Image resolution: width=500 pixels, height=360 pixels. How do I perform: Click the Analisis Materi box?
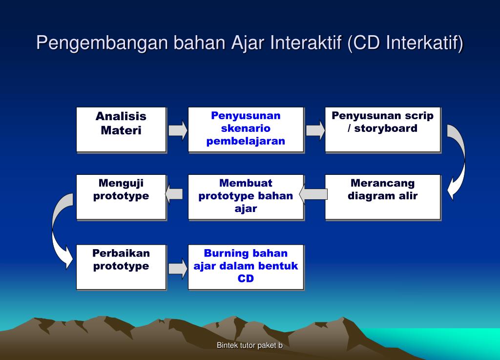[x=121, y=129]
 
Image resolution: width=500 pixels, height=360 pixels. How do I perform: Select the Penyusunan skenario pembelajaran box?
[x=246, y=129]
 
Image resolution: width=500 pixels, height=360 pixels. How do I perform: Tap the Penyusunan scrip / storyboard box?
[x=383, y=129]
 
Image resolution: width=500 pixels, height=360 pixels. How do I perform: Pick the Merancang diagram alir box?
[x=383, y=197]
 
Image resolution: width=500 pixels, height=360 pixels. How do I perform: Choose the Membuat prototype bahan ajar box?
[x=246, y=197]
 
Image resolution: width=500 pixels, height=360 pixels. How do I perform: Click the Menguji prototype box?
[x=121, y=197]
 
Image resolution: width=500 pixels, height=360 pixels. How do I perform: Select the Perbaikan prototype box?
[x=121, y=267]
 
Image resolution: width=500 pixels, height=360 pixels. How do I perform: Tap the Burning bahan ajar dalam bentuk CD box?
[x=246, y=267]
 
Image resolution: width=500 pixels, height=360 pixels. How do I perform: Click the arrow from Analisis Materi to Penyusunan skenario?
[x=178, y=130]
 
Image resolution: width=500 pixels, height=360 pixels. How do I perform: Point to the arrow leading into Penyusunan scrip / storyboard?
[x=315, y=130]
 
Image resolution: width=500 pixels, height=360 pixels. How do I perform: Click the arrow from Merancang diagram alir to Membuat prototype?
[x=313, y=194]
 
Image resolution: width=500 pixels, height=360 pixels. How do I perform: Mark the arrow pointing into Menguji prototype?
[x=174, y=194]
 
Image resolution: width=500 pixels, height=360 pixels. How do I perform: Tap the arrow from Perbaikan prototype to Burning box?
[x=178, y=269]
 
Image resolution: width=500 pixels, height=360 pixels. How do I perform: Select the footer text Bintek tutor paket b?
[x=250, y=345]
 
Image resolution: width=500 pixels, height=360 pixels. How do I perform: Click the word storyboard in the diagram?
[x=386, y=128]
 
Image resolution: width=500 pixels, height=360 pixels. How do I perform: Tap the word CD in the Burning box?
[x=246, y=278]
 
